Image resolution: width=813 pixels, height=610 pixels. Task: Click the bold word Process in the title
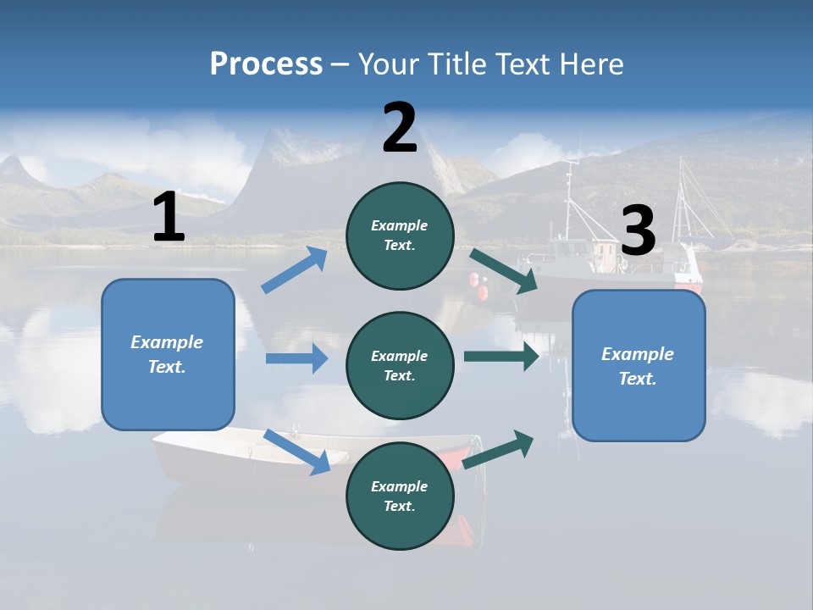coord(266,64)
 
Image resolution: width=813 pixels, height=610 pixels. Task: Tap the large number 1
coord(169,218)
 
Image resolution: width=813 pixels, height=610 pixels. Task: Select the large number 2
coord(400,128)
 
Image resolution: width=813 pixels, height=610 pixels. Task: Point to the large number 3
coord(639,231)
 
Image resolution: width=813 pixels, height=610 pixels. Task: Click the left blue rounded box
coord(168,354)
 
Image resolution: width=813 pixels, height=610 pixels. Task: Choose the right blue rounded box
coord(639,365)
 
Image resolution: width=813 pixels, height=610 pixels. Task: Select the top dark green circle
coord(400,236)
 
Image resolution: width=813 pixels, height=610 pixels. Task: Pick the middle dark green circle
coord(400,365)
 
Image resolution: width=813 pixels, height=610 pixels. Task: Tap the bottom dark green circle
coord(400,496)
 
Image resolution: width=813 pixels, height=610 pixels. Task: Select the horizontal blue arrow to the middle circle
coord(296,358)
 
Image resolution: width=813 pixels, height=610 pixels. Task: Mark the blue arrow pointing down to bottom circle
coord(297,451)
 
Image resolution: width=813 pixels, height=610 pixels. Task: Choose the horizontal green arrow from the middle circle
coord(501,356)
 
